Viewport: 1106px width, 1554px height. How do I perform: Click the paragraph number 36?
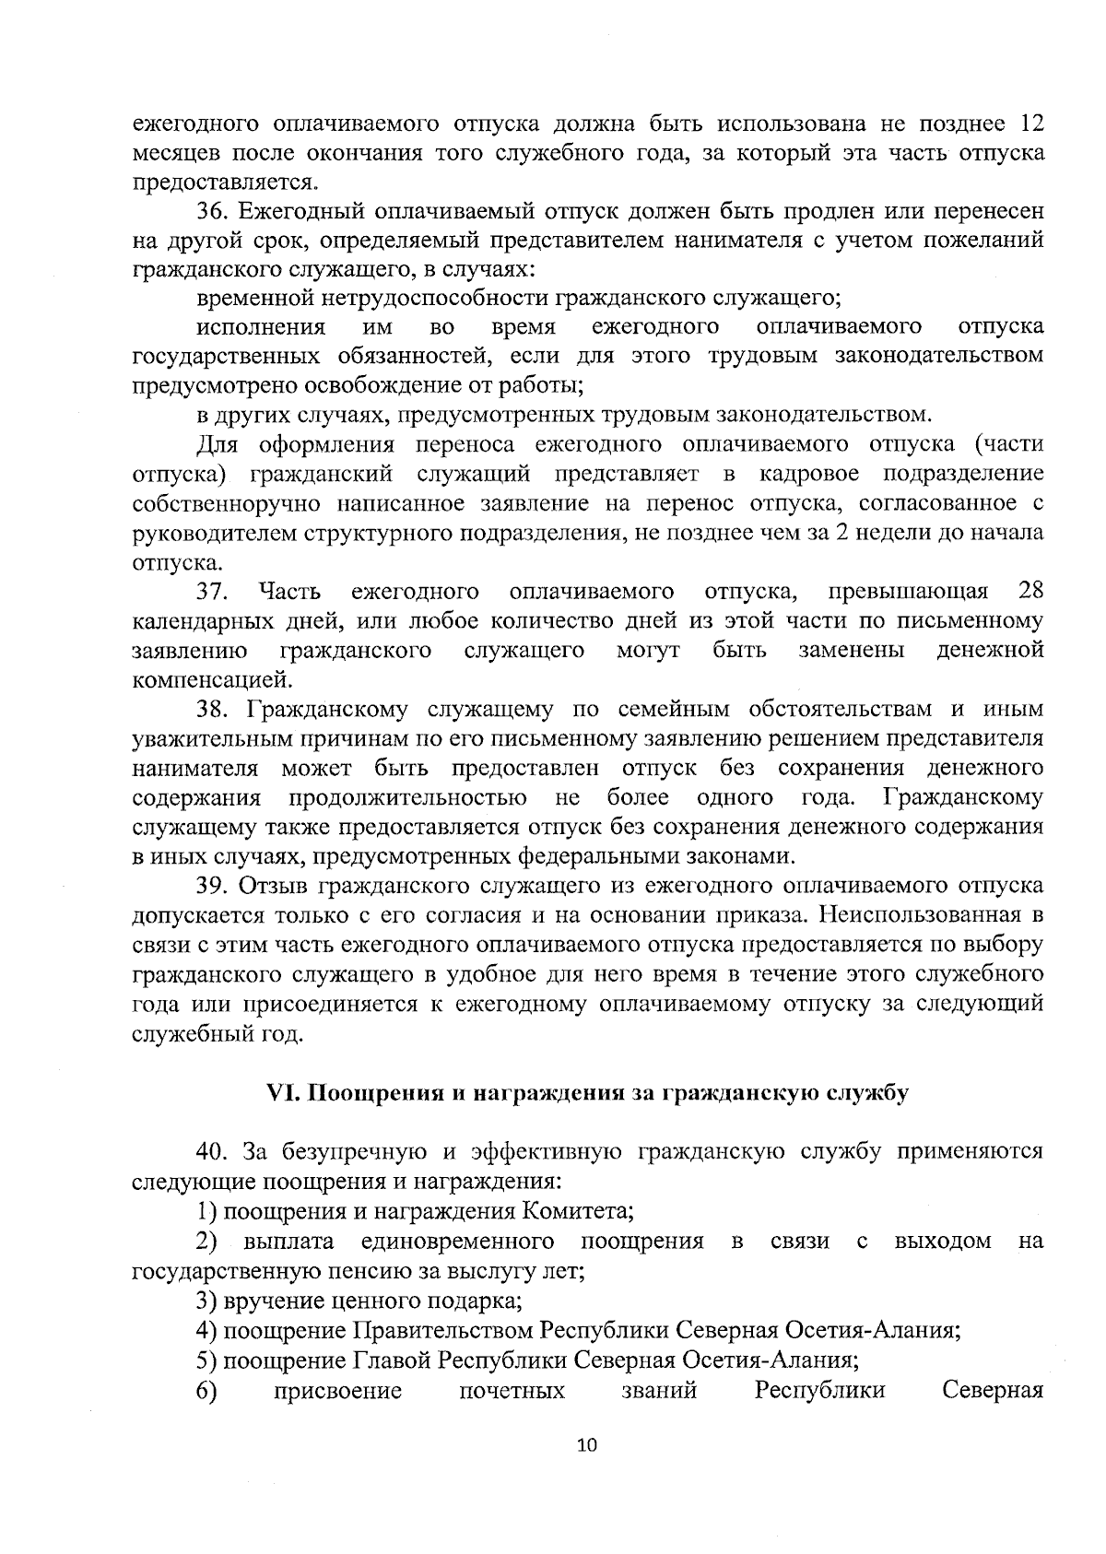click(x=211, y=210)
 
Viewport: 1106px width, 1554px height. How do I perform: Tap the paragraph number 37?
click(x=211, y=590)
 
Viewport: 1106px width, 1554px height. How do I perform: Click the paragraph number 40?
click(x=211, y=1151)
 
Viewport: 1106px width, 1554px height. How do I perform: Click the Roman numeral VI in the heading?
click(x=281, y=1092)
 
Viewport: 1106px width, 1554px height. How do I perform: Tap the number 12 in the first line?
click(x=1029, y=122)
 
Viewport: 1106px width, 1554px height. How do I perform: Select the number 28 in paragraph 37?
click(x=1030, y=590)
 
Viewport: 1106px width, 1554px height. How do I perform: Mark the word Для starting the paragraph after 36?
click(x=218, y=444)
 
